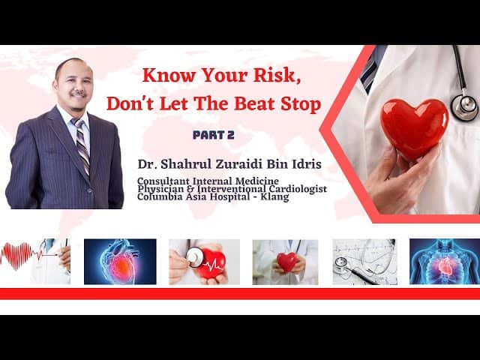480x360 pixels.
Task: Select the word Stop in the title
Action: (x=298, y=103)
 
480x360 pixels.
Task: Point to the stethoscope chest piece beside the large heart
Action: (x=465, y=106)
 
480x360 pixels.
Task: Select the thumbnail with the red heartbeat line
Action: (x=35, y=262)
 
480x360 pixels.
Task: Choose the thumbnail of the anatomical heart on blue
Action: (x=120, y=262)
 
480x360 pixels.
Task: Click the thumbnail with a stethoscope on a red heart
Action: (x=204, y=262)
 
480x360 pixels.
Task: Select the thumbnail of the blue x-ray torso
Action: (x=445, y=262)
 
